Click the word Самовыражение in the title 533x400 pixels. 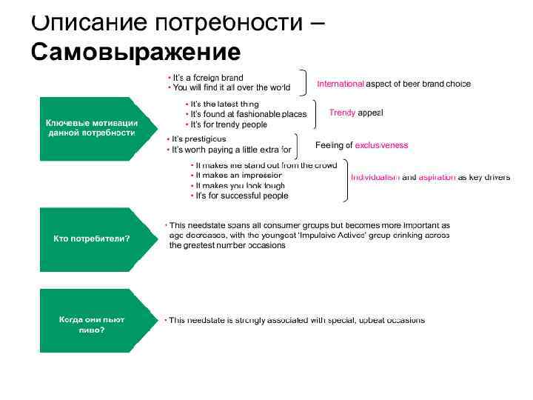(x=136, y=53)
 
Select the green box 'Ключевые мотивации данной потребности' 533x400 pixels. (x=89, y=128)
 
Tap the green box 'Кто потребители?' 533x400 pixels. (x=89, y=239)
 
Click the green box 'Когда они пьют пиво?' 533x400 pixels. (x=89, y=324)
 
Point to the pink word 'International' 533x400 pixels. (x=341, y=84)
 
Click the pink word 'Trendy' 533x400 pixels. (x=342, y=113)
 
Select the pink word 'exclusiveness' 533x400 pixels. (x=381, y=145)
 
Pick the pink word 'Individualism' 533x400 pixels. (x=375, y=178)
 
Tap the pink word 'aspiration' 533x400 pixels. (x=437, y=178)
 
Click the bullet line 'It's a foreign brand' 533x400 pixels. (x=207, y=77)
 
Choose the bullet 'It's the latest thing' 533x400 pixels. (x=224, y=104)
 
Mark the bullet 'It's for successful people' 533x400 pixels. (x=241, y=196)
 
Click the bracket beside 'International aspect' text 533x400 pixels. (x=303, y=81)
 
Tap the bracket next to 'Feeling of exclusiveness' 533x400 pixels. (x=297, y=144)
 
